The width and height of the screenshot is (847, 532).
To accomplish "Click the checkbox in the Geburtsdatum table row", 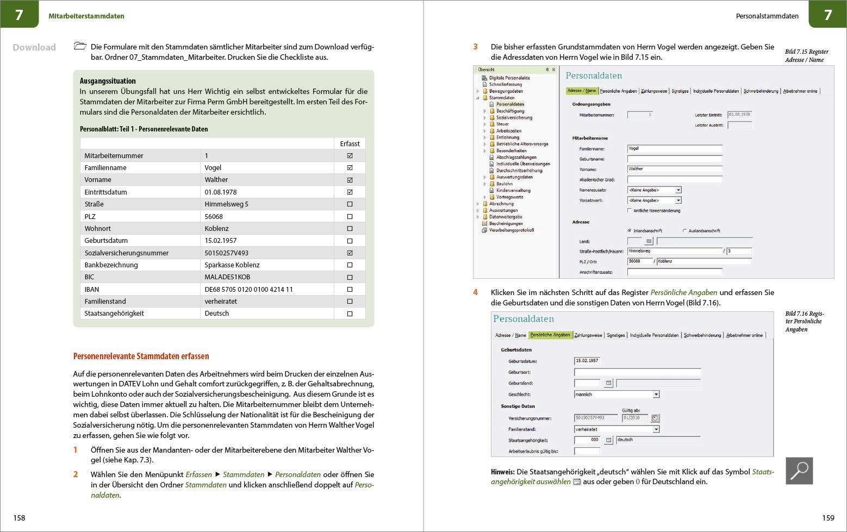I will [350, 241].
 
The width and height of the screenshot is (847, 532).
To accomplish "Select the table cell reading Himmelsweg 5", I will [226, 204].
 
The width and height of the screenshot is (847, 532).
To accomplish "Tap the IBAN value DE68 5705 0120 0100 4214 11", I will [248, 290].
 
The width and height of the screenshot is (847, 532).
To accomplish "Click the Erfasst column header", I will [350, 144].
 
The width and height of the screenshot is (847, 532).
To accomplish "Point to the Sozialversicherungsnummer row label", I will [126, 253].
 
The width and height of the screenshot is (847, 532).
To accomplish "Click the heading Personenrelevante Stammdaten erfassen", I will [141, 356].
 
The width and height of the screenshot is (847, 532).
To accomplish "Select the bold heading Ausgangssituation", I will [108, 81].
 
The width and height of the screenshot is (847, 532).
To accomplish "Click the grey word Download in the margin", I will [34, 47].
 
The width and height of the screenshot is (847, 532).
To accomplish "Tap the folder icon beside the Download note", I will [80, 46].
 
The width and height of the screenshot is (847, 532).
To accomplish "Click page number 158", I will [19, 518].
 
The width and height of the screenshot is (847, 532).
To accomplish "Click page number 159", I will [827, 518].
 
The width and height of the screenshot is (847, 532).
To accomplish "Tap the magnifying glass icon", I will [799, 471].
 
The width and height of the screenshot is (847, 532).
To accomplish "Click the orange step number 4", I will [475, 292].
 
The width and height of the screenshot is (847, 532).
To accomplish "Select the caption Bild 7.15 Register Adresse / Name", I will [806, 56].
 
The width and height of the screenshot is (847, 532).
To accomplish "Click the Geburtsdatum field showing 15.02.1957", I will [587, 361].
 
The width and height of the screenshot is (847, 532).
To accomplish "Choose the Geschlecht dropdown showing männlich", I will [616, 395].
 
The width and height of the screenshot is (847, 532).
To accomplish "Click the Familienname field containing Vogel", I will [674, 148].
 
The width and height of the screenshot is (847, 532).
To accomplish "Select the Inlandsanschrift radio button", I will [630, 231].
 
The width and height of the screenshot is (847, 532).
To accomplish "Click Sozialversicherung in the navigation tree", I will [514, 118].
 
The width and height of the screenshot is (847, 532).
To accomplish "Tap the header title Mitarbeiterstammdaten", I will [86, 16].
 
